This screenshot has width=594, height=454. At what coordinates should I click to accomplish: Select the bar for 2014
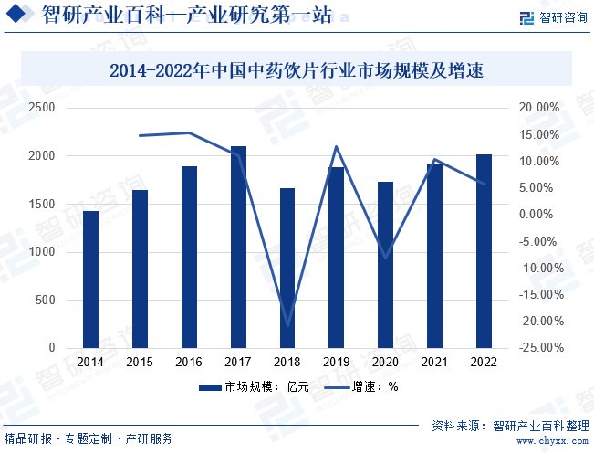(x=90, y=280)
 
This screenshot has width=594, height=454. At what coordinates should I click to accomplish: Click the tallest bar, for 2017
(x=238, y=247)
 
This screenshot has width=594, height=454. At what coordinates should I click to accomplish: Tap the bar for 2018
(x=287, y=268)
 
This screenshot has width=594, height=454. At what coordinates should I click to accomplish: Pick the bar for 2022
(x=484, y=251)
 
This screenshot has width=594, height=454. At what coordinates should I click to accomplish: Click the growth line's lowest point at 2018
(x=287, y=325)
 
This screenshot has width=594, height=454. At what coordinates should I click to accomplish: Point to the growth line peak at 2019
(x=336, y=146)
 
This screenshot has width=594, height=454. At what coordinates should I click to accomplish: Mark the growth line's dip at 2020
(x=386, y=258)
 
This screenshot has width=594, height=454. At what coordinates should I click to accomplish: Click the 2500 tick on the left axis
(x=42, y=108)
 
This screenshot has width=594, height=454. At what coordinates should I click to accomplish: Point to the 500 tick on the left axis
(x=45, y=300)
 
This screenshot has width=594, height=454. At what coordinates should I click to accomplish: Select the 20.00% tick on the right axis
(x=539, y=108)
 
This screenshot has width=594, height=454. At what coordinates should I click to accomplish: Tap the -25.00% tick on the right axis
(x=541, y=347)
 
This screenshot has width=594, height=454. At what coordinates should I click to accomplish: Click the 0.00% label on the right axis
(x=536, y=214)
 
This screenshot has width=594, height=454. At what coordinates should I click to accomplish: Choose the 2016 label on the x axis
(x=189, y=362)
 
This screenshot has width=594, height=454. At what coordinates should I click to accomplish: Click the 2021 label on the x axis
(x=434, y=362)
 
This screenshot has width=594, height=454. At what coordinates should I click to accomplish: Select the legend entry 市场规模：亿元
(x=254, y=387)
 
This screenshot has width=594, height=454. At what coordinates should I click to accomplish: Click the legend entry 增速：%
(x=361, y=387)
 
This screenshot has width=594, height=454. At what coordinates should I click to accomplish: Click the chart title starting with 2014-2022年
(x=297, y=70)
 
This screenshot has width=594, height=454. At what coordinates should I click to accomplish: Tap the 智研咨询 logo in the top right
(x=554, y=17)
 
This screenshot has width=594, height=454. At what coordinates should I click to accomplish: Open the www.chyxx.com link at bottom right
(x=552, y=441)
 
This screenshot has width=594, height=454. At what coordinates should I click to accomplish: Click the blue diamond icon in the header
(x=16, y=14)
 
